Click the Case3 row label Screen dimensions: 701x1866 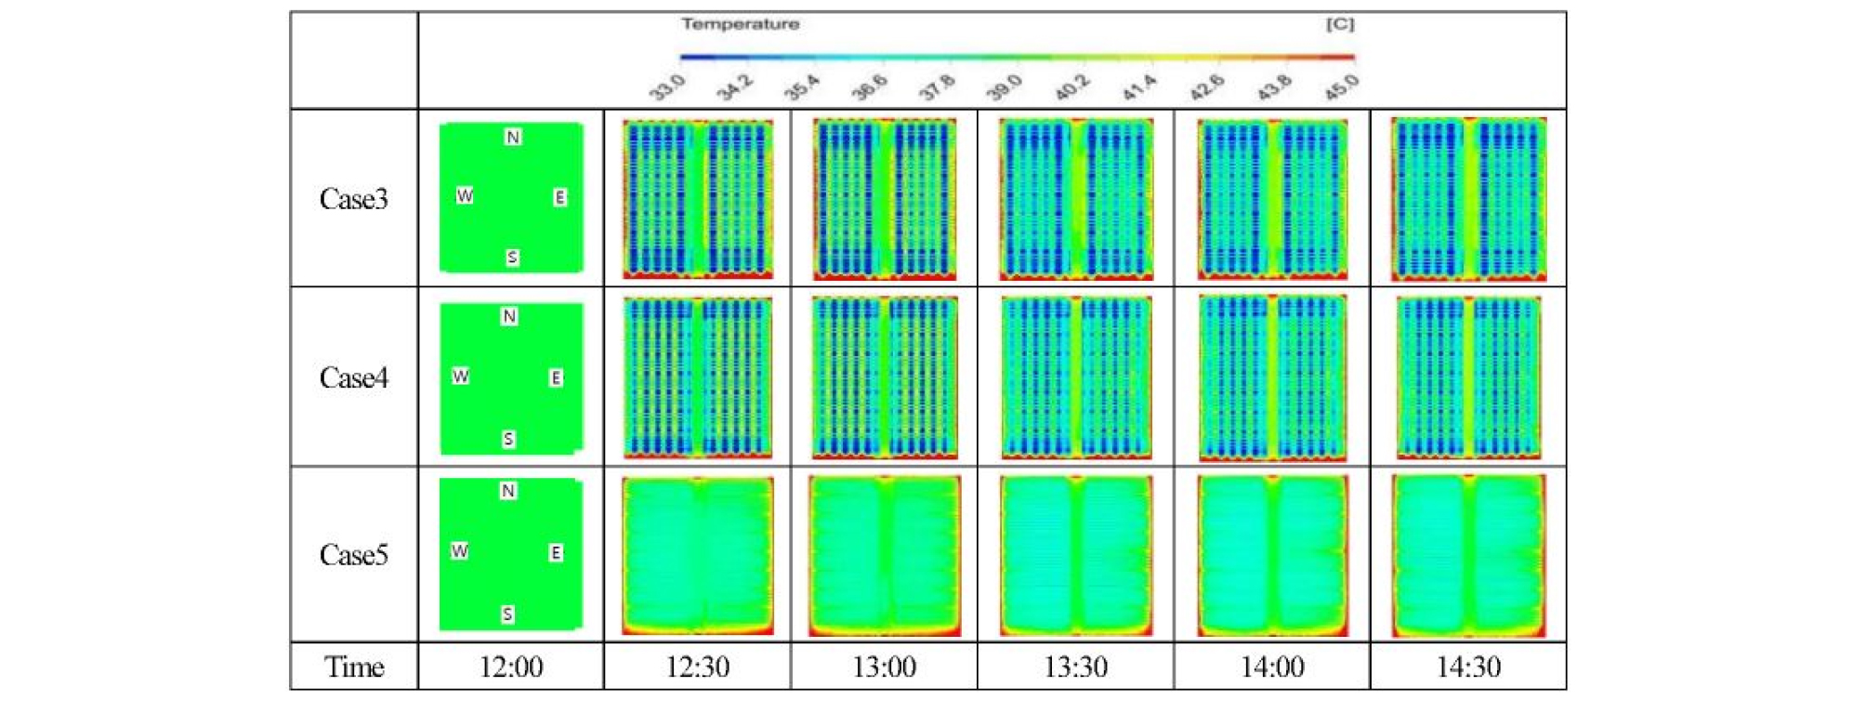point(353,199)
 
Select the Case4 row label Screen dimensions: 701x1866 point(353,377)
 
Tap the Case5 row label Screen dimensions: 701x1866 point(353,555)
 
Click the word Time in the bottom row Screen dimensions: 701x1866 point(353,667)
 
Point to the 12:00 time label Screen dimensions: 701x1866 point(510,667)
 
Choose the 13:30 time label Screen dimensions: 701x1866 point(1075,667)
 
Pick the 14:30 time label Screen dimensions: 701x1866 point(1467,667)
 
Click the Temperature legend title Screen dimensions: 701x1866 point(740,24)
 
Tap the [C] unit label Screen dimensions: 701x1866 point(1339,24)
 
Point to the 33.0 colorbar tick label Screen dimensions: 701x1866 point(667,87)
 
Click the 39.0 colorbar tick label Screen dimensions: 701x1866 point(1004,87)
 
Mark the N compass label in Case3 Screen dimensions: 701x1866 point(513,138)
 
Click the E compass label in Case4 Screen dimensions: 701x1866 point(556,377)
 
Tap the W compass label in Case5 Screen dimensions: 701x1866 point(459,551)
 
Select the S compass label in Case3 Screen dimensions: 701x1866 point(512,258)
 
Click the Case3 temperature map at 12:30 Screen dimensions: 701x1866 point(697,198)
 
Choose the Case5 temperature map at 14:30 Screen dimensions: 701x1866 point(1467,555)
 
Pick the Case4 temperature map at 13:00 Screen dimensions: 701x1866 point(884,377)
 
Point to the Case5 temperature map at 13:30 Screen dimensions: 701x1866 point(1075,555)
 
